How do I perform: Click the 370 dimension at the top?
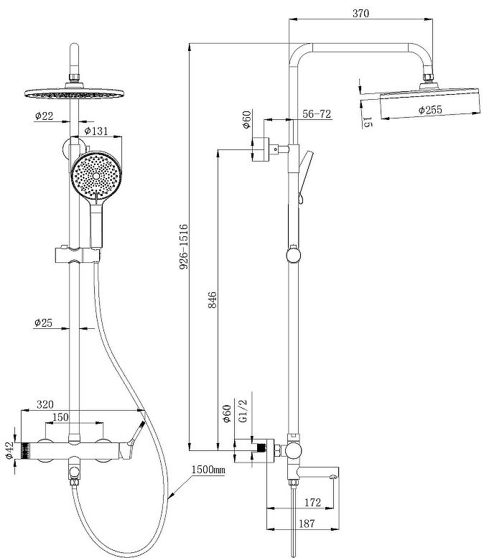pos(360,13)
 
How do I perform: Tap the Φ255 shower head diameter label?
pos(430,110)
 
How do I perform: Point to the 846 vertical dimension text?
pos(212,299)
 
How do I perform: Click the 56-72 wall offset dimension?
pos(317,114)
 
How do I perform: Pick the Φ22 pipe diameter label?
pos(44,116)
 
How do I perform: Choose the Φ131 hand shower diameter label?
pos(96,131)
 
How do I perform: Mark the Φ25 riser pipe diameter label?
pos(43,322)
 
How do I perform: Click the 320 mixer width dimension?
pos(45,404)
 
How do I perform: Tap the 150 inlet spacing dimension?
pos(60,417)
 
